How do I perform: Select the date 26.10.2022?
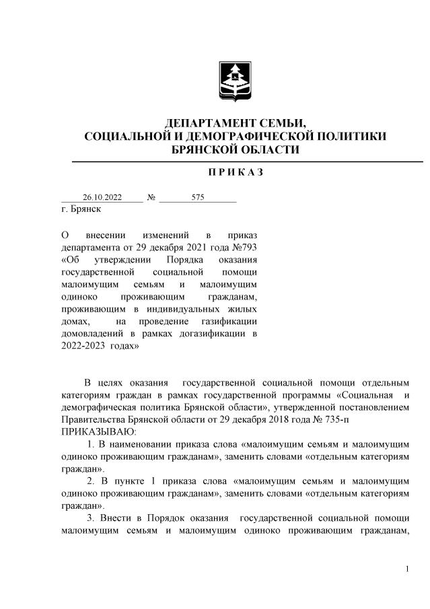click(x=102, y=198)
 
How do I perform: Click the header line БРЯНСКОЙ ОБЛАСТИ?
click(x=235, y=149)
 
